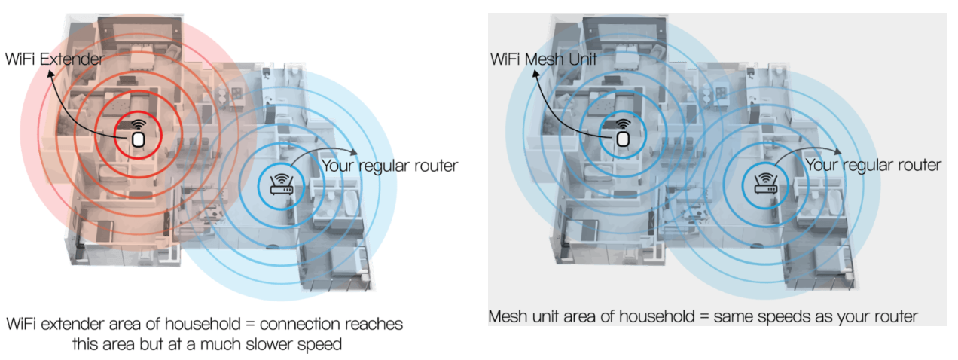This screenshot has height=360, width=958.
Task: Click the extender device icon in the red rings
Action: (138, 139)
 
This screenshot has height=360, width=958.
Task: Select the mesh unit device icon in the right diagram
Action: (622, 139)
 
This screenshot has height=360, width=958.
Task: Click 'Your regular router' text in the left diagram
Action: (389, 165)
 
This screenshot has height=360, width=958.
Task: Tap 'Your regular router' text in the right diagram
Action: (873, 165)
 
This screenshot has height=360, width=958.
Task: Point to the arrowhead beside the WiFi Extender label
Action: (51, 73)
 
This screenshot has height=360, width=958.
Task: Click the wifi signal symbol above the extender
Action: (138, 124)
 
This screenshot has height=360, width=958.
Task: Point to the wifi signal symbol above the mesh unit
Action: (622, 124)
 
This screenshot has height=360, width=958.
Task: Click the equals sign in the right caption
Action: (705, 317)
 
